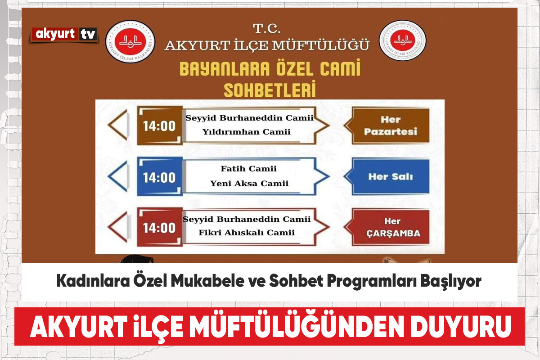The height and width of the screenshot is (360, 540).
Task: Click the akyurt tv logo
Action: tap(64, 35)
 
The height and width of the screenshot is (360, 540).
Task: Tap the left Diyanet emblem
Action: tap(130, 41)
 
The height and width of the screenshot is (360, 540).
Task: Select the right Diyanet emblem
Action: tap(402, 40)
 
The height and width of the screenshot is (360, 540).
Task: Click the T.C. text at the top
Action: tap(266, 29)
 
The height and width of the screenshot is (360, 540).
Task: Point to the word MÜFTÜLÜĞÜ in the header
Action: tap(318, 45)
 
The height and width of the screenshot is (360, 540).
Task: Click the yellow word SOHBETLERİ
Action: tap(270, 89)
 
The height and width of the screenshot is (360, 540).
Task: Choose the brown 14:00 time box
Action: tap(160, 126)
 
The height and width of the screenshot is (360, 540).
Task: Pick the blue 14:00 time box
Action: tap(160, 177)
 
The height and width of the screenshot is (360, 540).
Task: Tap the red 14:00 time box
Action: tap(160, 227)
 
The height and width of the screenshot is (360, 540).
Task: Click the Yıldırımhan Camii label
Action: tap(247, 132)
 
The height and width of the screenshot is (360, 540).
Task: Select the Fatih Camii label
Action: tap(248, 169)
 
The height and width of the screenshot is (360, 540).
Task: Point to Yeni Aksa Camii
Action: tap(249, 184)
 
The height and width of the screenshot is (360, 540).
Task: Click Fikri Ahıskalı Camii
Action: tap(247, 233)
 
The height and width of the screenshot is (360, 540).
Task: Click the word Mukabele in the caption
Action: tap(207, 281)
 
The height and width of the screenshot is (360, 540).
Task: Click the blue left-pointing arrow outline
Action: tap(117, 176)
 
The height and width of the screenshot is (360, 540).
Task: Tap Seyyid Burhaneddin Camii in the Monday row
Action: tap(249, 118)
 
